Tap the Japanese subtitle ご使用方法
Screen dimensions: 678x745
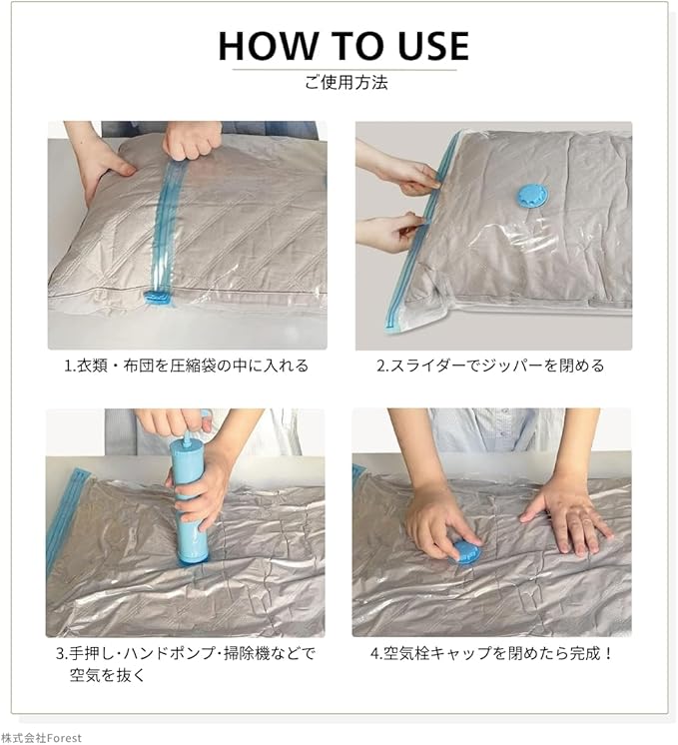click(x=345, y=83)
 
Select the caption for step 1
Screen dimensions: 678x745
click(x=187, y=366)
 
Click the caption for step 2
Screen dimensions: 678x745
click(x=490, y=366)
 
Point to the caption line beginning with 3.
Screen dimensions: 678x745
click(x=186, y=653)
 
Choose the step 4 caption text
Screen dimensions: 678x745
click(x=491, y=653)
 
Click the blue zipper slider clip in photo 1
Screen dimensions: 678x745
click(x=157, y=298)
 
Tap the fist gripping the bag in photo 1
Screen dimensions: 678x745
click(x=187, y=141)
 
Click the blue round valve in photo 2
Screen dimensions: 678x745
click(x=532, y=197)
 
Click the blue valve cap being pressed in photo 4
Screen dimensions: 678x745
click(x=465, y=551)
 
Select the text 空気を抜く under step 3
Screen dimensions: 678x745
click(x=107, y=675)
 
